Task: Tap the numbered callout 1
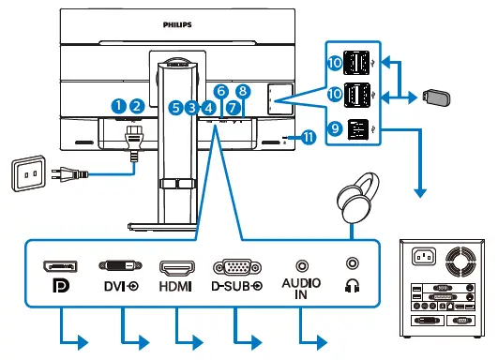click(x=119, y=106)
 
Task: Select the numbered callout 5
click(x=175, y=108)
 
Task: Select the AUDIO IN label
click(x=301, y=287)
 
